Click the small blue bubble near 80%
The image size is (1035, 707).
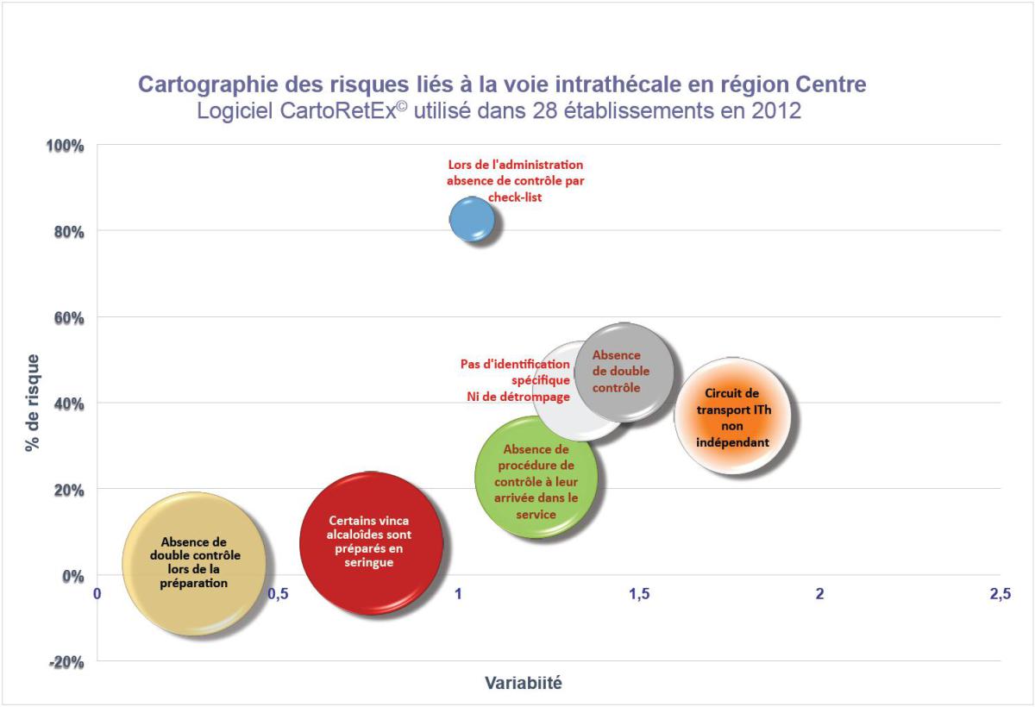[472, 220]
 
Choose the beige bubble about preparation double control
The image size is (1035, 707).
[193, 564]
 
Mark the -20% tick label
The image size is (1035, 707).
[65, 662]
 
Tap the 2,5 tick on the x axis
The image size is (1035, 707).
[1000, 594]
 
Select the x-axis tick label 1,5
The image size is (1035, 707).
[639, 594]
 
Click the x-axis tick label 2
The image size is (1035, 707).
[820, 594]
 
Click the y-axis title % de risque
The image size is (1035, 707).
[32, 403]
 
